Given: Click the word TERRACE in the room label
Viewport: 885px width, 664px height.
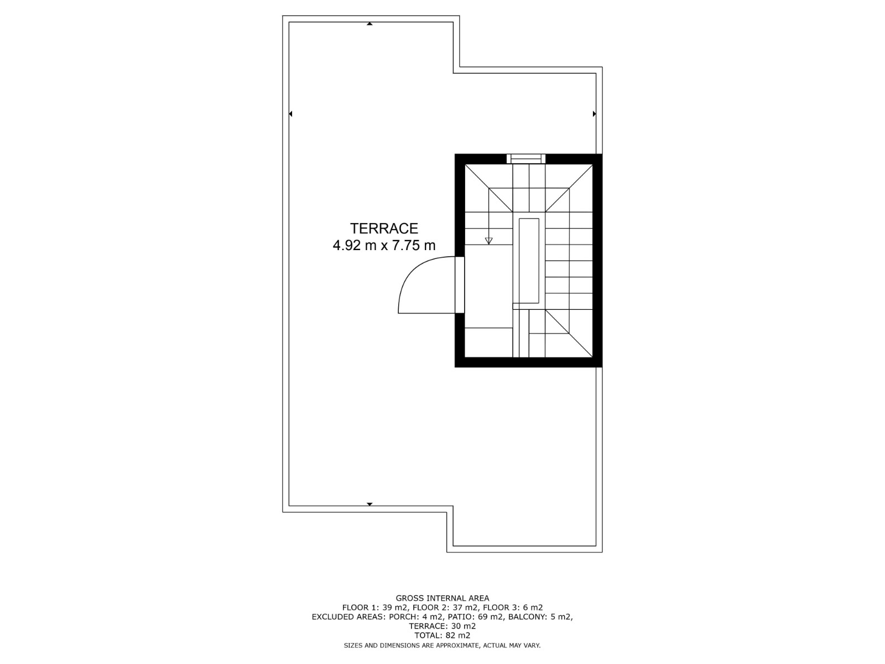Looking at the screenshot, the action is tap(384, 229).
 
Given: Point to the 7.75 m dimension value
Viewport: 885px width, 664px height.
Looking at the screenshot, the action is tap(415, 245).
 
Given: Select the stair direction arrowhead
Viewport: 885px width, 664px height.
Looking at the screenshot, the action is tap(488, 241).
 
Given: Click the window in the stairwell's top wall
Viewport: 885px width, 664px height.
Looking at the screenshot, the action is tap(526, 159).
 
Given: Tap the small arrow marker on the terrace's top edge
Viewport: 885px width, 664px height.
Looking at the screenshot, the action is tap(369, 24).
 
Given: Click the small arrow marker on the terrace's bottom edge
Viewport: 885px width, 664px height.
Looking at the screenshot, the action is tap(369, 504).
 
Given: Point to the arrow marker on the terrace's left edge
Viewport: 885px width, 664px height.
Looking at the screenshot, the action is tap(290, 114).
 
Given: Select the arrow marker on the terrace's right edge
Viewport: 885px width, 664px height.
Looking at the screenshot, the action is tap(594, 114).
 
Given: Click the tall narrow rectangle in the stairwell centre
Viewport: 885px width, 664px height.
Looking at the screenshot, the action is tap(529, 261).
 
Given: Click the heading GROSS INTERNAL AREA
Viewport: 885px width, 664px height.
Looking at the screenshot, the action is tap(442, 598).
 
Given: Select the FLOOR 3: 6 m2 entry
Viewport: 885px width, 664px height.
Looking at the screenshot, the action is tap(513, 608).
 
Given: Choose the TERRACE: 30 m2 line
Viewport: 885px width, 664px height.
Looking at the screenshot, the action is tap(442, 626).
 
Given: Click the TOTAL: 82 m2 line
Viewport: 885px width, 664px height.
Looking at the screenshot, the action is tap(442, 635).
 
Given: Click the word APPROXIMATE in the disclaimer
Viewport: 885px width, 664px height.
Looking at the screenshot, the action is tap(457, 645).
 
